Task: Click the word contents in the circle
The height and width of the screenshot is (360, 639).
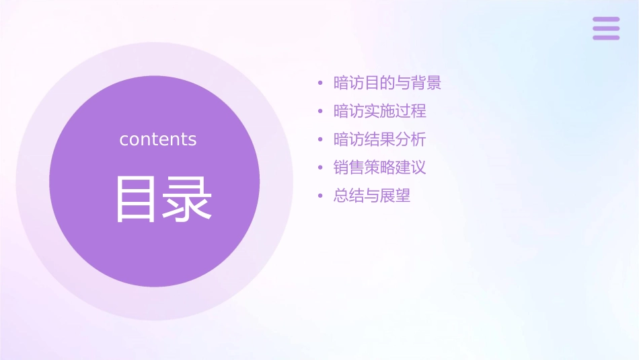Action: tap(158, 139)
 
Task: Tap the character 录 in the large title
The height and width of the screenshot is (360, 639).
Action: tap(186, 199)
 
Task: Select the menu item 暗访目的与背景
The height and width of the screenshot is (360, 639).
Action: tap(387, 83)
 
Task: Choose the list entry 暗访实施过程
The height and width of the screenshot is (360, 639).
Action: tap(380, 111)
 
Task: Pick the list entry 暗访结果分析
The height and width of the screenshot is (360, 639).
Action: tap(380, 139)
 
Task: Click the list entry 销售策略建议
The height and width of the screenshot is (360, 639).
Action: tap(380, 168)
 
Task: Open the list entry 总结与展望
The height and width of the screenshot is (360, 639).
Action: tap(372, 196)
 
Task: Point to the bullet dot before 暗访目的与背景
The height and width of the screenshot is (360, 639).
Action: tap(320, 84)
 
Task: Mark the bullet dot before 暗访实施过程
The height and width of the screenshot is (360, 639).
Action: tap(320, 112)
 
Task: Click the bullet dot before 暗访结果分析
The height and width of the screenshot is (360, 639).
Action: tap(320, 140)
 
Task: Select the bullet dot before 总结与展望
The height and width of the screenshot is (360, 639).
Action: tap(320, 196)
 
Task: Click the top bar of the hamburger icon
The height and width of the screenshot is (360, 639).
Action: tap(606, 20)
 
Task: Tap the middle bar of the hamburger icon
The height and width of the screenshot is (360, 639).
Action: tap(606, 28)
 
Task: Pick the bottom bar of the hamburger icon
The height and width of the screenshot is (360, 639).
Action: tap(606, 37)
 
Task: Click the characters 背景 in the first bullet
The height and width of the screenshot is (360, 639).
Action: tap(426, 83)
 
